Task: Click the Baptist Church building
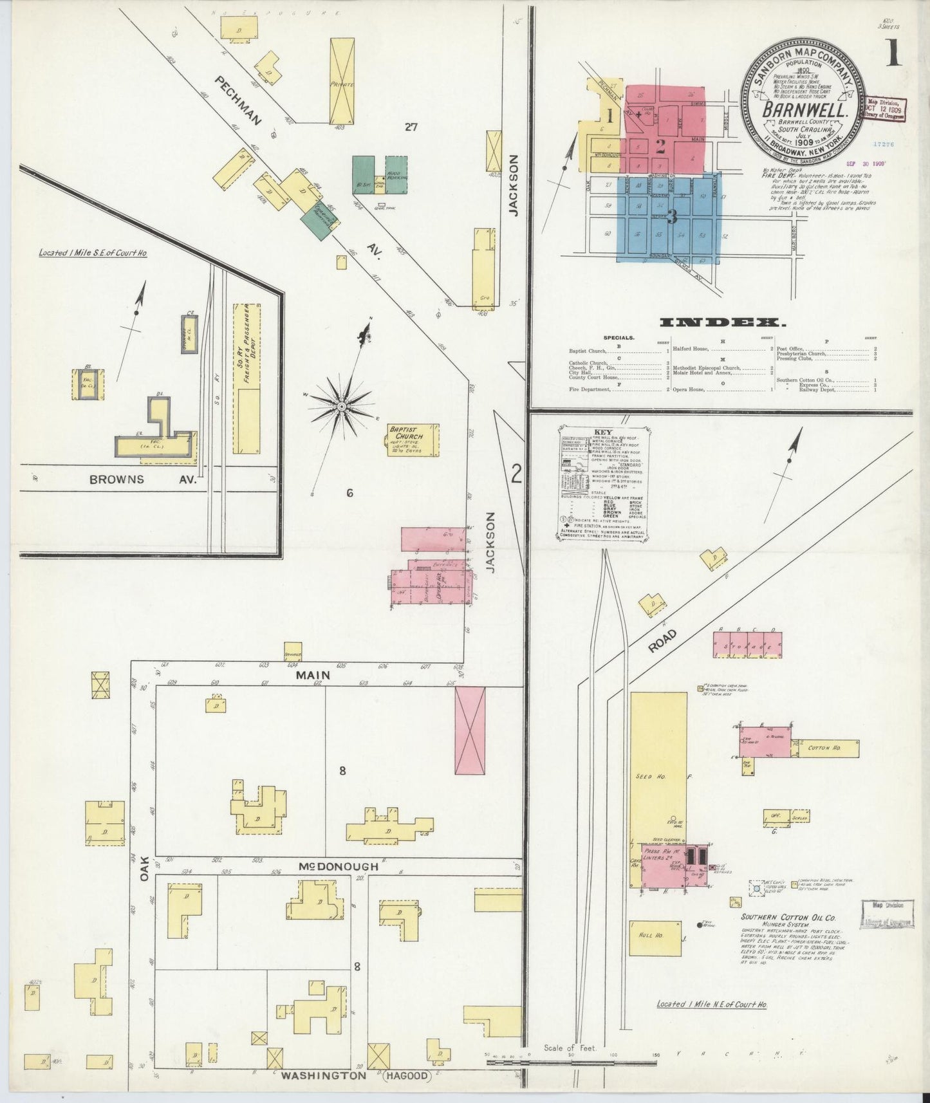[413, 440]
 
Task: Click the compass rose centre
[342, 407]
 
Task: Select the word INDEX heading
[721, 323]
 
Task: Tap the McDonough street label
[337, 867]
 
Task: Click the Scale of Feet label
[571, 1048]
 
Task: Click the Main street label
[313, 675]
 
